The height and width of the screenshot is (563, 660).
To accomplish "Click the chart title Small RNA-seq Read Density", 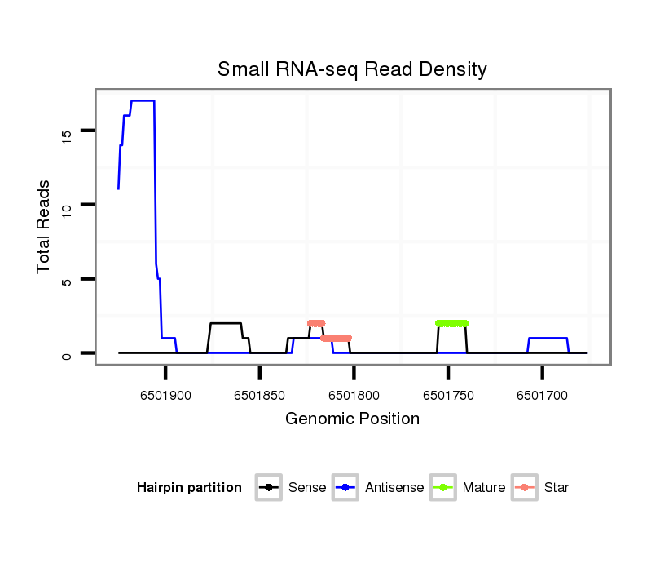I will click(x=352, y=69).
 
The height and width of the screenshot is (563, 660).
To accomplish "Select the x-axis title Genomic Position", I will click(x=352, y=419).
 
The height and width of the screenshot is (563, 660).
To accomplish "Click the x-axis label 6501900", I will click(x=165, y=396).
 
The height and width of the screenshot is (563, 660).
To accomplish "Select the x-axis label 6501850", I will click(x=259, y=396).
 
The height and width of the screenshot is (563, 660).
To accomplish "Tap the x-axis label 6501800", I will click(x=354, y=396).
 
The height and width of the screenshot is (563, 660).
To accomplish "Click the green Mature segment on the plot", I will click(x=452, y=323).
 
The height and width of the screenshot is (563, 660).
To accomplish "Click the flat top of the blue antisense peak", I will click(x=143, y=100).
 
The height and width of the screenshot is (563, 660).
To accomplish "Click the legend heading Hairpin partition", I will click(x=189, y=488).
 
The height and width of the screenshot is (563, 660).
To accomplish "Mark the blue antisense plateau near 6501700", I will click(x=548, y=338).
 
